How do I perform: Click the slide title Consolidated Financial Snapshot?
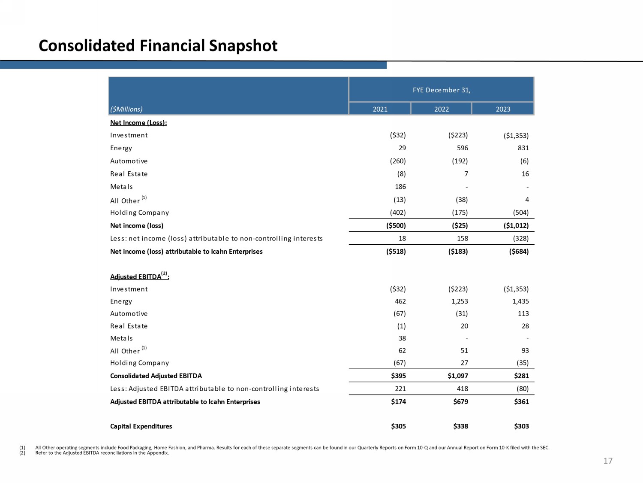(158, 46)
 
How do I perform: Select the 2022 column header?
(441, 109)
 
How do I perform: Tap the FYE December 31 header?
(441, 90)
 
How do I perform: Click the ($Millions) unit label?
(126, 109)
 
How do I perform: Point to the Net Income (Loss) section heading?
(138, 123)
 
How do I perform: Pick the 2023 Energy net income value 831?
(523, 148)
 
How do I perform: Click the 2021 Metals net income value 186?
(400, 187)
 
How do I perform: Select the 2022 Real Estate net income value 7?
(466, 174)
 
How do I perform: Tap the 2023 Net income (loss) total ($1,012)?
(516, 226)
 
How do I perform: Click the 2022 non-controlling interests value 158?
(462, 239)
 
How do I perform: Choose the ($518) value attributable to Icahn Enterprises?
(396, 252)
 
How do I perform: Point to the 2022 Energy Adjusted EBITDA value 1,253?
(460, 301)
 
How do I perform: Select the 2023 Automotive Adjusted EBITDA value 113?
(523, 314)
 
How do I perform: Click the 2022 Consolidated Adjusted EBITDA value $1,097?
(458, 376)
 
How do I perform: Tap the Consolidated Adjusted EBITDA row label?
(156, 376)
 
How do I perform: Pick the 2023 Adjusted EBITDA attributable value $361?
(521, 402)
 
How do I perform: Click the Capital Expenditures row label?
(141, 426)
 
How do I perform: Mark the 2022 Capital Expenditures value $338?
(460, 426)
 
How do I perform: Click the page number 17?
(608, 461)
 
